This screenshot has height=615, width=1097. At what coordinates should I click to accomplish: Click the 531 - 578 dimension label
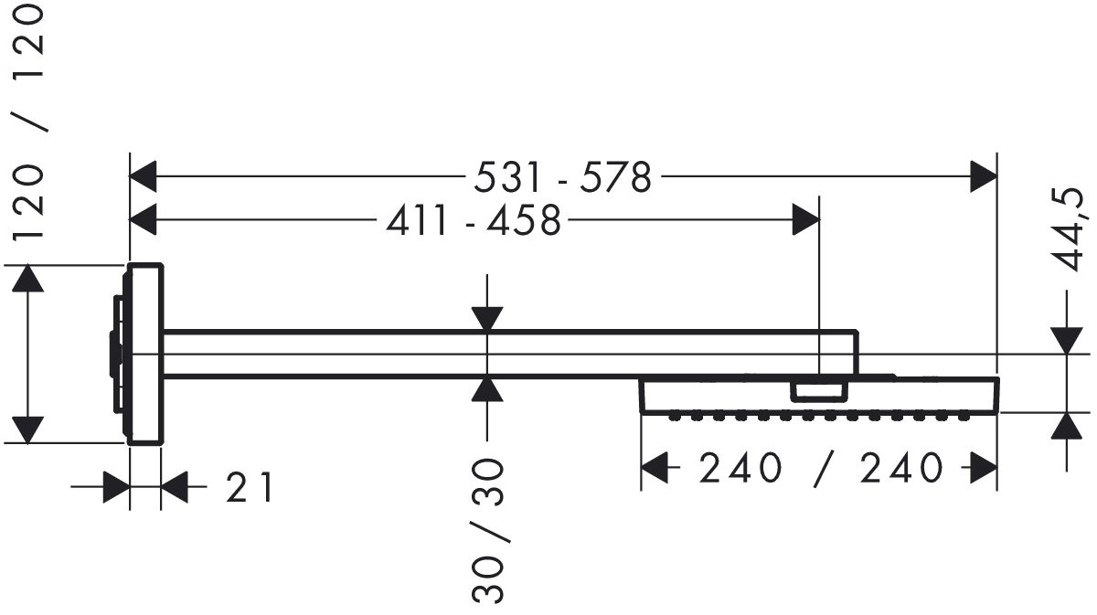tap(563, 177)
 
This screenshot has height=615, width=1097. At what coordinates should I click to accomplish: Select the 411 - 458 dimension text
tap(471, 220)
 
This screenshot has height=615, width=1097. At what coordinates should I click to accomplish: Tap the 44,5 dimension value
tap(1069, 231)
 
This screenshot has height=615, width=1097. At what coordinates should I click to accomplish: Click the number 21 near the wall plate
tap(250, 488)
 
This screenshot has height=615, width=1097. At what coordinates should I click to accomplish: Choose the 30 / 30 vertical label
tap(489, 530)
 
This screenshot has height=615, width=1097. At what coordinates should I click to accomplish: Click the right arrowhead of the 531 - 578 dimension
tap(984, 176)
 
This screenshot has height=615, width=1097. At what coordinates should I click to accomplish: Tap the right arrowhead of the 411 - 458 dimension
tap(805, 219)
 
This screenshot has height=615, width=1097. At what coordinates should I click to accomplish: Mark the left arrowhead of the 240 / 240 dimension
tap(654, 470)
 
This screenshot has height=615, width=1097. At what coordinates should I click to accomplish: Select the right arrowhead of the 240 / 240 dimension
tap(984, 470)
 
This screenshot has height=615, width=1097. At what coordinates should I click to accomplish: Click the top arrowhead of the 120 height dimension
tap(29, 278)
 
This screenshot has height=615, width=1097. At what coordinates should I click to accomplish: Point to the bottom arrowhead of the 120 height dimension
tap(29, 429)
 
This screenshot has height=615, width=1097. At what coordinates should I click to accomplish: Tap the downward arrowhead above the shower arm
tap(488, 318)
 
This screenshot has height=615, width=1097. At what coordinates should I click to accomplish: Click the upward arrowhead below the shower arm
tap(488, 389)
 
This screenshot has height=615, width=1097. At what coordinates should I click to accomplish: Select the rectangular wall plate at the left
tap(144, 354)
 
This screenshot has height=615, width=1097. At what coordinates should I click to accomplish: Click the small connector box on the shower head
tap(819, 391)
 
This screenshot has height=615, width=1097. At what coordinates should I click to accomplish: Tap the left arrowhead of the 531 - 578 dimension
tap(144, 176)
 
